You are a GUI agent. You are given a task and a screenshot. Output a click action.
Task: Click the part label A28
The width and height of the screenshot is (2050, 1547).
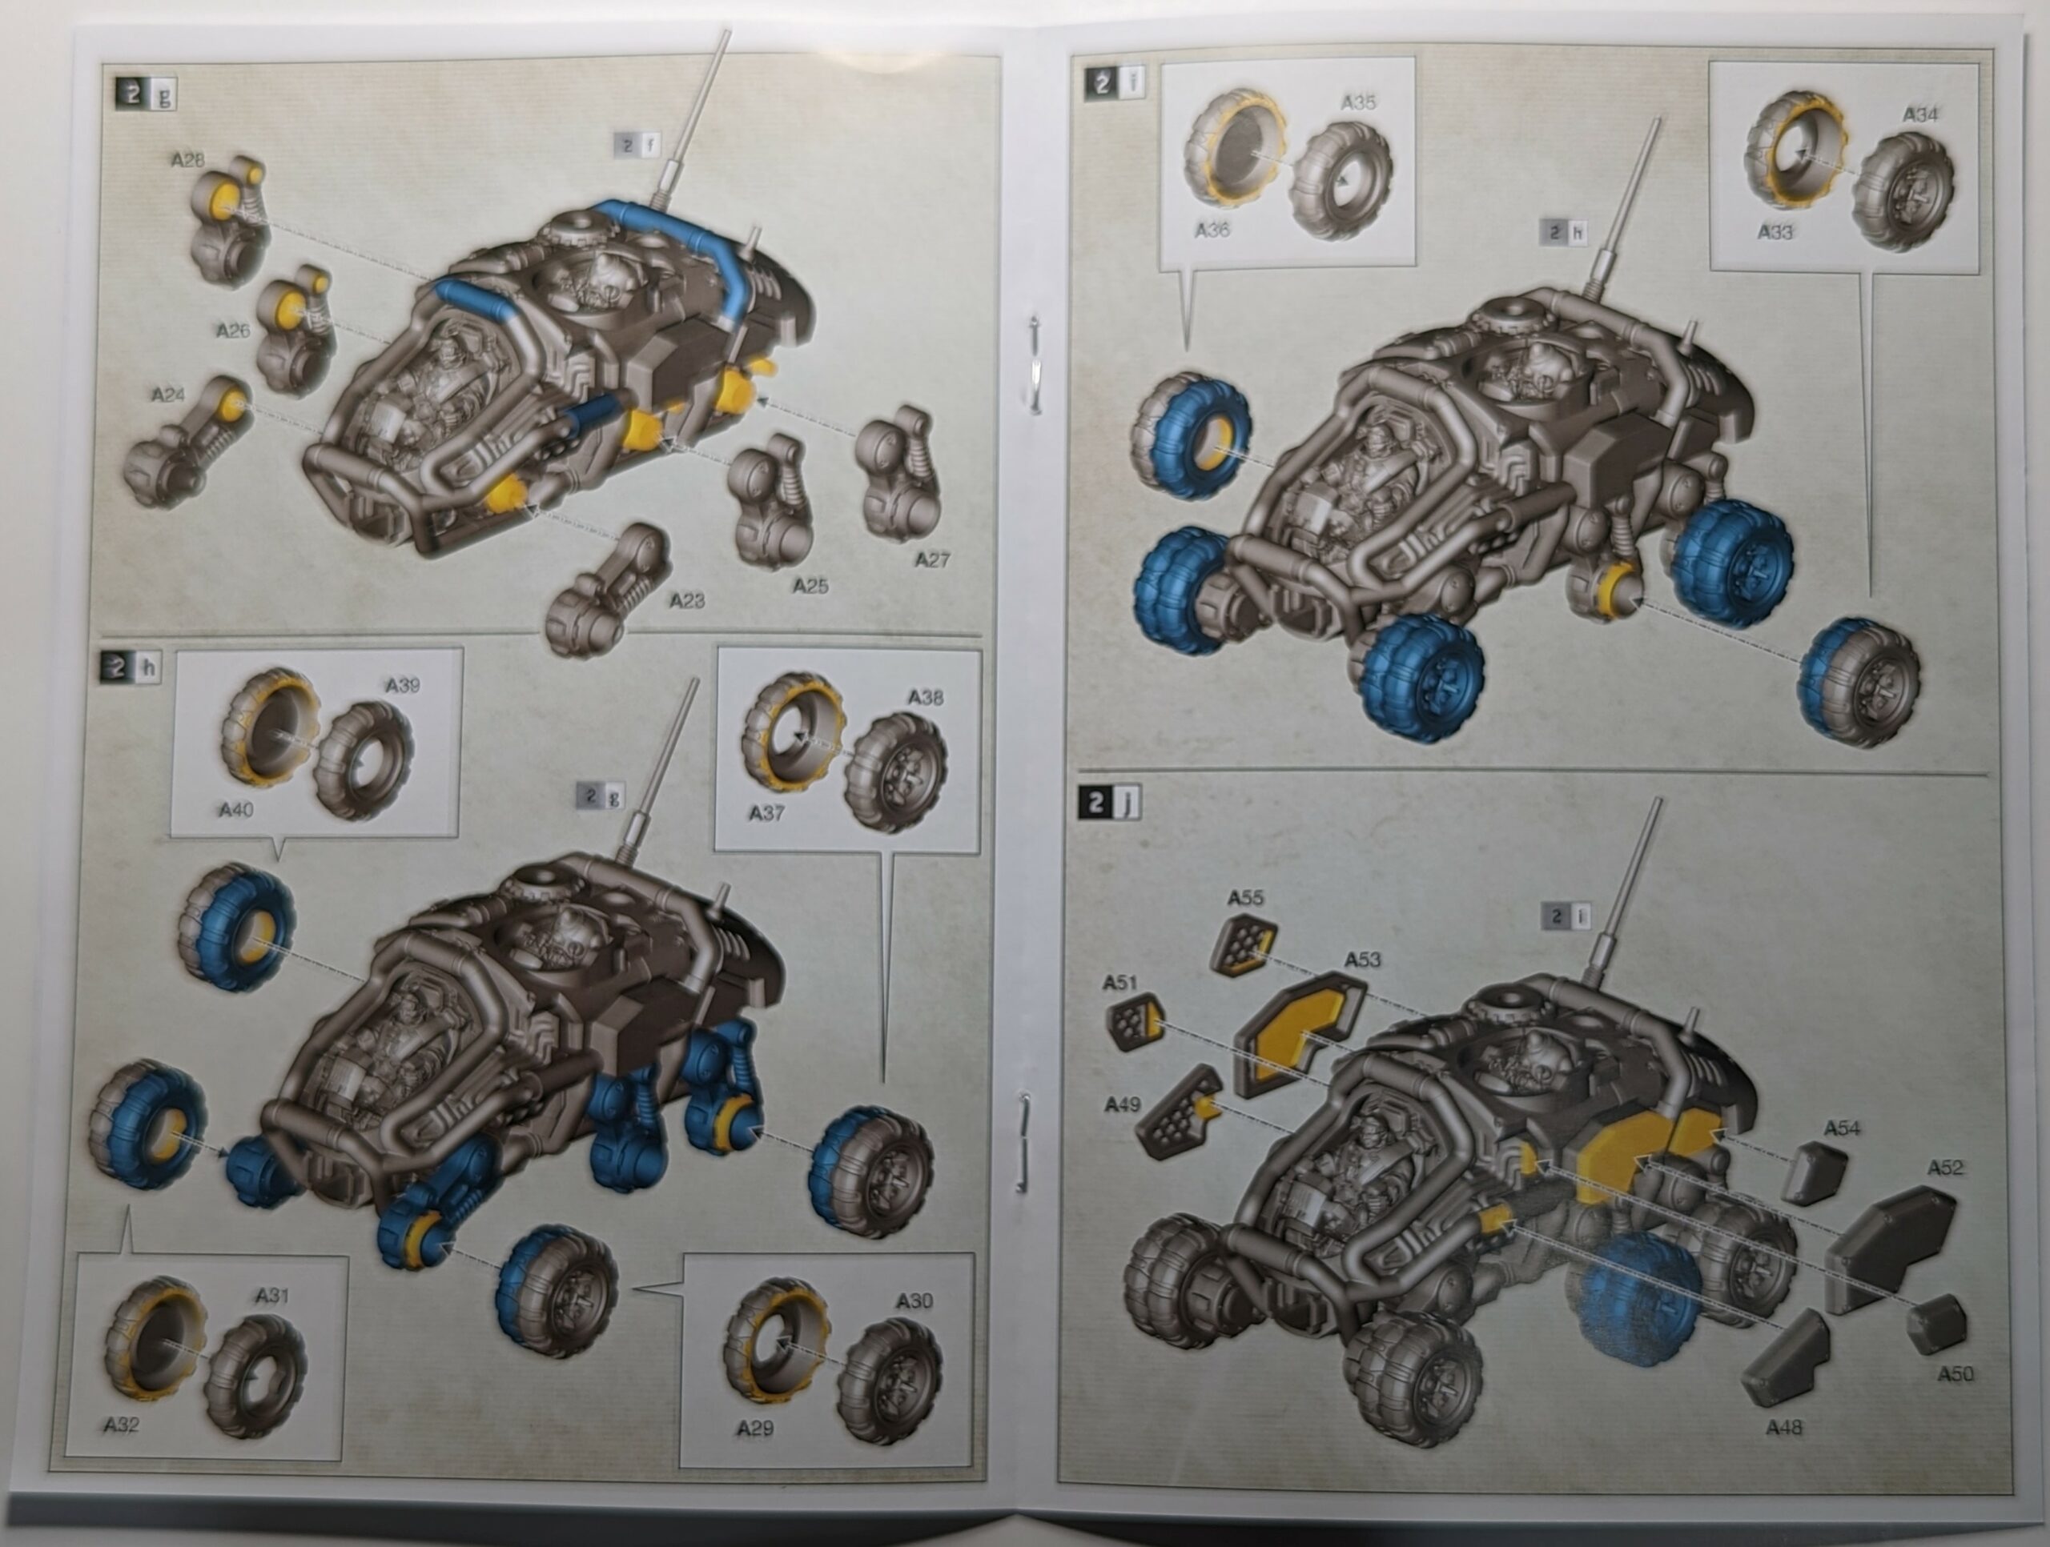(187, 159)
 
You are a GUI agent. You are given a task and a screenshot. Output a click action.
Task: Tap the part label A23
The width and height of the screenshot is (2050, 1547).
(687, 600)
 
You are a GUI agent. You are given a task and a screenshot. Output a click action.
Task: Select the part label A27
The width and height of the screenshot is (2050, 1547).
(931, 559)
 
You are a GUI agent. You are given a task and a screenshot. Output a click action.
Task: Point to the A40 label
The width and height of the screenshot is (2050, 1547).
(236, 810)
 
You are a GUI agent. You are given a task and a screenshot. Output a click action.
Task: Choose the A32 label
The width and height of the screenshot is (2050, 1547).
(122, 1425)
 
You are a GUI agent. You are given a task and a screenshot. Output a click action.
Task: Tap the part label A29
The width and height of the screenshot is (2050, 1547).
(754, 1428)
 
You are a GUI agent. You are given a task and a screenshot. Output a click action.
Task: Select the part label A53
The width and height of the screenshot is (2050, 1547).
(1361, 959)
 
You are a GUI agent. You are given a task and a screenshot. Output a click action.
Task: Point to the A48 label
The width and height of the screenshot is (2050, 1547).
(1784, 1428)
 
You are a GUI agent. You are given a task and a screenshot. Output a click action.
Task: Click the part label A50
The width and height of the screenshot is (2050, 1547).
(1956, 1374)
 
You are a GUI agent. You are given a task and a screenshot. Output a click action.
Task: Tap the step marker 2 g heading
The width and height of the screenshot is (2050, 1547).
(146, 94)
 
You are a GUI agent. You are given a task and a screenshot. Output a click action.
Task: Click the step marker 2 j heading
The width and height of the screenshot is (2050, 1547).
(1108, 802)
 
